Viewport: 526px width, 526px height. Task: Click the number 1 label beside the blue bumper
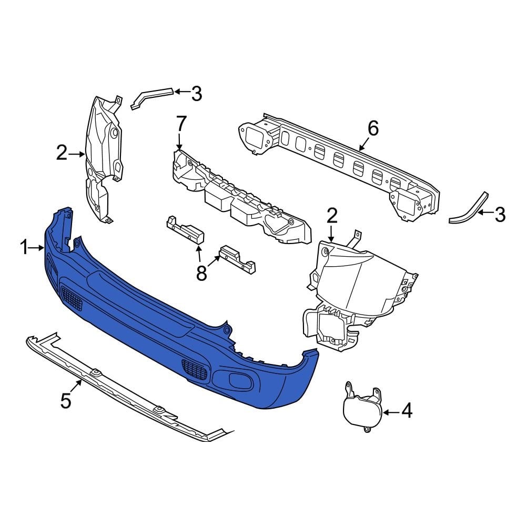24,247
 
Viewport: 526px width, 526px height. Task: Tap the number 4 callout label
407,411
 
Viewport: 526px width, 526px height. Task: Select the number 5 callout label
65,400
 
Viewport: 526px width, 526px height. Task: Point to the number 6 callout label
372,128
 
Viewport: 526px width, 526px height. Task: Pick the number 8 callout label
201,274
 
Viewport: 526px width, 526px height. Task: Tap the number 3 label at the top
196,94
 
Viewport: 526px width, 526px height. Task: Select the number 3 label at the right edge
500,214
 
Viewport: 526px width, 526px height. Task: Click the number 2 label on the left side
62,153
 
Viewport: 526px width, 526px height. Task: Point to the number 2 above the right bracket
332,216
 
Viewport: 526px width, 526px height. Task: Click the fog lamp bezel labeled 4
362,411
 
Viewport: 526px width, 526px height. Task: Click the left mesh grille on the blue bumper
72,298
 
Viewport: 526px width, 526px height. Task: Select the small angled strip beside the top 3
150,97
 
